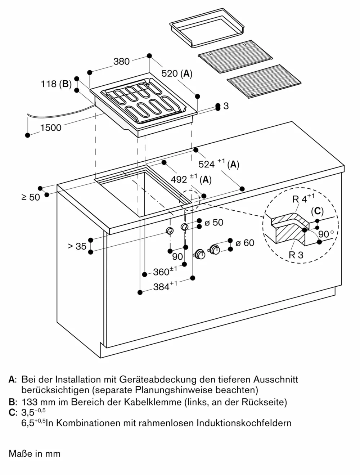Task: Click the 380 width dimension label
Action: coord(121,62)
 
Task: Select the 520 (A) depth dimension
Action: coord(176,74)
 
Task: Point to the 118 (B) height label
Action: coord(56,84)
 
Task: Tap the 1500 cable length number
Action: coord(51,127)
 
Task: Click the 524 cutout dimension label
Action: coord(219,164)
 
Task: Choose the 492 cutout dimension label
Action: coord(190,179)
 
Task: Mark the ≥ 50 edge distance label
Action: coord(31,197)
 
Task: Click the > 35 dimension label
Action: coord(77,246)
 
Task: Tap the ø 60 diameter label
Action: coord(244,243)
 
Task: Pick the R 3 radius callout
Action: coord(296,255)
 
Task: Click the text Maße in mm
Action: coord(35,453)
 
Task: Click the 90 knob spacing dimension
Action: coord(177,256)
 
